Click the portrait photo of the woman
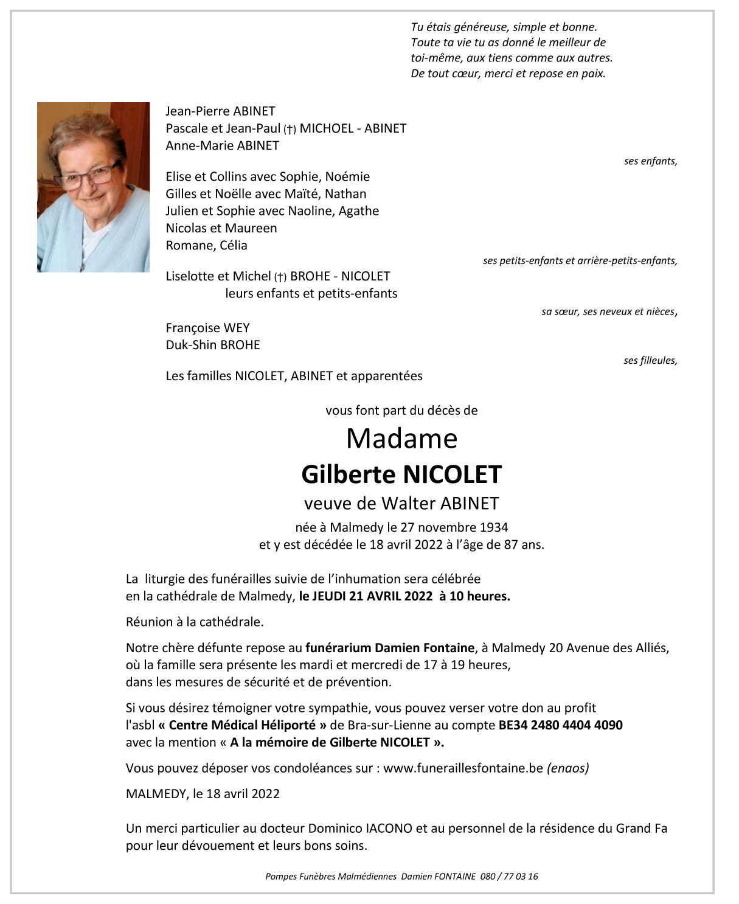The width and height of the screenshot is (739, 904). click(x=93, y=187)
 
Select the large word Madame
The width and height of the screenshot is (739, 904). click(x=401, y=439)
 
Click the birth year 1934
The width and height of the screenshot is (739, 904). click(x=493, y=527)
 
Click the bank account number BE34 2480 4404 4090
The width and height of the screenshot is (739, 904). click(x=560, y=725)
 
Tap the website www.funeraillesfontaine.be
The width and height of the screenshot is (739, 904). click(x=463, y=768)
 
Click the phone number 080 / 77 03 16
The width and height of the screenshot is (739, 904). click(x=509, y=877)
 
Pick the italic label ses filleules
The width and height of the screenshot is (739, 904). click(x=650, y=361)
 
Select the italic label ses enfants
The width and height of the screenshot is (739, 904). click(x=650, y=161)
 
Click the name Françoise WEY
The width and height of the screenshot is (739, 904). click(x=207, y=328)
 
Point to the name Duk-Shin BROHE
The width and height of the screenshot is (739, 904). click(x=213, y=345)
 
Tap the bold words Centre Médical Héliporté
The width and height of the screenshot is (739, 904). click(x=242, y=725)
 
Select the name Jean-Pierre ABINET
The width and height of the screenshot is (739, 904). click(x=220, y=111)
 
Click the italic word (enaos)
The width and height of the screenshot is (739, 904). click(x=568, y=768)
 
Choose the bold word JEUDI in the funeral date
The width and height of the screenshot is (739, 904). click(x=329, y=596)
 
